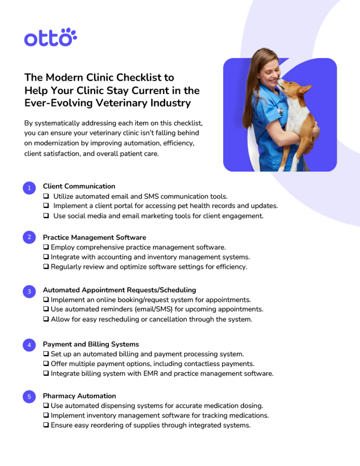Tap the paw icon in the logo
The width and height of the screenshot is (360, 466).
point(69,36)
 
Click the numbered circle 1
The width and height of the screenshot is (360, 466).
point(29,188)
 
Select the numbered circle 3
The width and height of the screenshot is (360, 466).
point(29,292)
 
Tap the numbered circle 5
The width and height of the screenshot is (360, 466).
point(29,397)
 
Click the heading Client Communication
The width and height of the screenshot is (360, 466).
point(79,186)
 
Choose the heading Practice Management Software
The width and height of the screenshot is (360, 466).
point(94,237)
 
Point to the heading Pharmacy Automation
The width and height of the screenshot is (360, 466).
point(79,396)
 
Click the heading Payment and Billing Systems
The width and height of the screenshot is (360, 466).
point(90,344)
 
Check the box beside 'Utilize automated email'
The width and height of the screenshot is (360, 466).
point(46,196)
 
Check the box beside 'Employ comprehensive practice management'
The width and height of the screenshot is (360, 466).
point(46,247)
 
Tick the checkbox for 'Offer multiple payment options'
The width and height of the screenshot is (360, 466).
point(46,364)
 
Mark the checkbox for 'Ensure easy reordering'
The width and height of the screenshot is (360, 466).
point(46,425)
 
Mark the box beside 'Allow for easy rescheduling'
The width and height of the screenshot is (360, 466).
point(46,320)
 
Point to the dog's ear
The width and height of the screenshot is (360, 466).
point(304,88)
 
